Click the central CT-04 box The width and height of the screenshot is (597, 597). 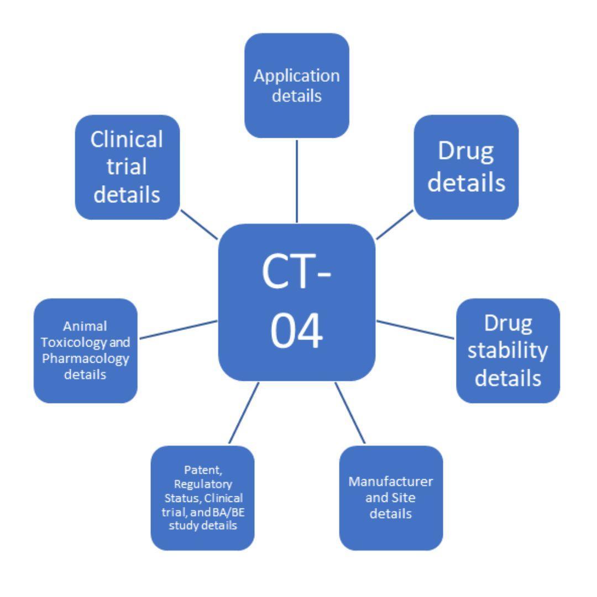click(297, 302)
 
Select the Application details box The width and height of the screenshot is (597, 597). click(297, 85)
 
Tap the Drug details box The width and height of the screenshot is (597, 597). click(466, 167)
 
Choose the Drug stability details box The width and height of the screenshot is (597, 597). click(507, 350)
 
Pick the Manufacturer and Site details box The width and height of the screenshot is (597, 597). click(390, 498)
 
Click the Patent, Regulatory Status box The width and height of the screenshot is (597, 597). click(202, 498)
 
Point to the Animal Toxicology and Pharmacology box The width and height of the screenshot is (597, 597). click(86, 350)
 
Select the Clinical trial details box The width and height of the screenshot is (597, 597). click(127, 167)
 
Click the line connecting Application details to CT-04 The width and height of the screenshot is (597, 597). click(297, 180)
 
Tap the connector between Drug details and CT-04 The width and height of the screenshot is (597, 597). click(395, 224)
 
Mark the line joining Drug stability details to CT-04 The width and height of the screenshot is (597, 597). click(416, 329)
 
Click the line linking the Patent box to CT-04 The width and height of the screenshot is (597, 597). click(244, 412)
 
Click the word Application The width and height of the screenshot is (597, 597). click(297, 76)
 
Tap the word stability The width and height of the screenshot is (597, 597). click(507, 350)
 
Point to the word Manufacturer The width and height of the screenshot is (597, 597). click(390, 481)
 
